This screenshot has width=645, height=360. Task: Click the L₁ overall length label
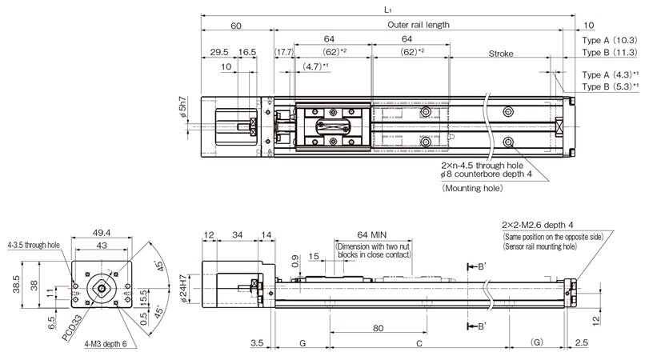pos(387,10)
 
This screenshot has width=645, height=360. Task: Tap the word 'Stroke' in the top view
pos(500,54)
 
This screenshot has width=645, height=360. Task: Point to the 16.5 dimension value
pos(247,52)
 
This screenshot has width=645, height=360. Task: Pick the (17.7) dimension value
pos(285,52)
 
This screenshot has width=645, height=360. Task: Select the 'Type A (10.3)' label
pos(609,39)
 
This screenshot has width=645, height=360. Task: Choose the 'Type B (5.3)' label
pos(610,86)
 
